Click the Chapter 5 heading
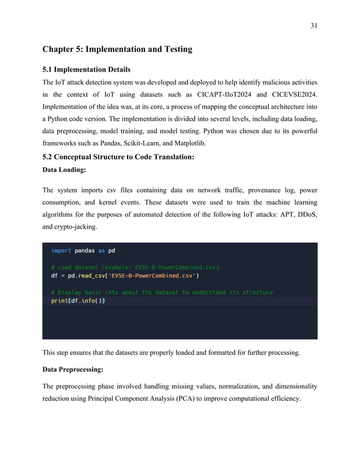[117, 49]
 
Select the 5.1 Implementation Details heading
[86, 69]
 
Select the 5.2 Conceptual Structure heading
[118, 157]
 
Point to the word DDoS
[305, 214]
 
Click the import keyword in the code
[61, 250]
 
